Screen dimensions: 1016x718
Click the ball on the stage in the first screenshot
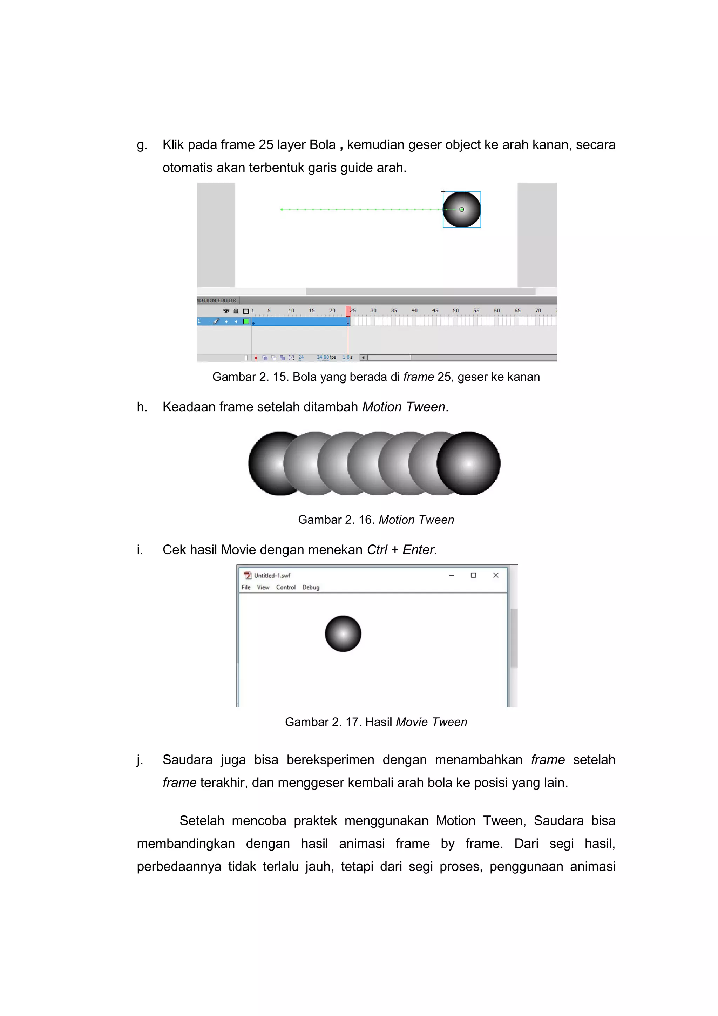pos(461,209)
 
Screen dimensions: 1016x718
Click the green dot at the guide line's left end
pos(282,209)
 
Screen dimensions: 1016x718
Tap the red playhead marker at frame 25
pos(348,311)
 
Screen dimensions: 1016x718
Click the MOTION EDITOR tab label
pos(217,300)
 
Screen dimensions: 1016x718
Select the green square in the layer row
pos(246,321)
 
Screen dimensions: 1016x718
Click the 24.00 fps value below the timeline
pos(323,357)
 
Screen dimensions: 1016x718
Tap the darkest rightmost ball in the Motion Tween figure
pos(468,463)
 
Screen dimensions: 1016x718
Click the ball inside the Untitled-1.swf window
pos(343,633)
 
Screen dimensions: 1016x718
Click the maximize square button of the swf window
pos(473,575)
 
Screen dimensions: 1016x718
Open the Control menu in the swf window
pos(286,587)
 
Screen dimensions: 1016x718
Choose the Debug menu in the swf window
pos(311,587)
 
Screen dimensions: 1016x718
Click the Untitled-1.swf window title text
pos(272,575)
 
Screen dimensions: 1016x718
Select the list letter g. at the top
pos(142,145)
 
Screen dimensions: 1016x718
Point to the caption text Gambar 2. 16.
pos(336,520)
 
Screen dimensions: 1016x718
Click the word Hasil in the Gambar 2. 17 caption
pos(379,722)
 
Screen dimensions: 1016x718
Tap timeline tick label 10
pos(291,311)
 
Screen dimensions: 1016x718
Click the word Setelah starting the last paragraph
pos(202,820)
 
